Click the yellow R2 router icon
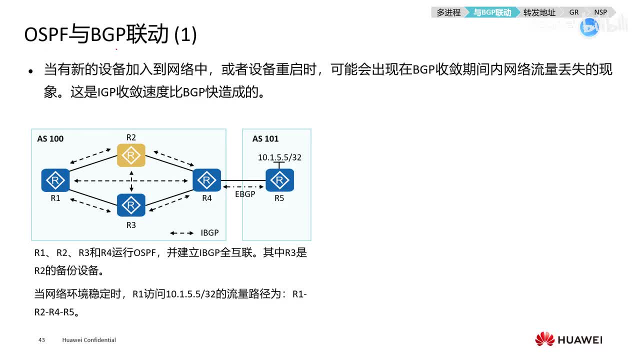[131, 155]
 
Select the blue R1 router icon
[55, 180]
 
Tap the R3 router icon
[131, 204]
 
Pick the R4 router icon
[206, 180]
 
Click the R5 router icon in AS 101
[279, 180]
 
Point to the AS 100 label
[50, 138]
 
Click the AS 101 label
[265, 138]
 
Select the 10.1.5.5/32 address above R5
[279, 157]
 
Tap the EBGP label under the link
[245, 194]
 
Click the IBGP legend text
[209, 233]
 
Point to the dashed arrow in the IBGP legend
[182, 233]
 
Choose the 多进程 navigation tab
[448, 12]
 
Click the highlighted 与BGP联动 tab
[492, 12]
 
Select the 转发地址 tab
[539, 12]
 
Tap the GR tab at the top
[573, 12]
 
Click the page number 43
[41, 340]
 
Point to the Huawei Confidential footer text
[89, 340]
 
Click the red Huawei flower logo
[544, 339]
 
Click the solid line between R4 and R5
[242, 180]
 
